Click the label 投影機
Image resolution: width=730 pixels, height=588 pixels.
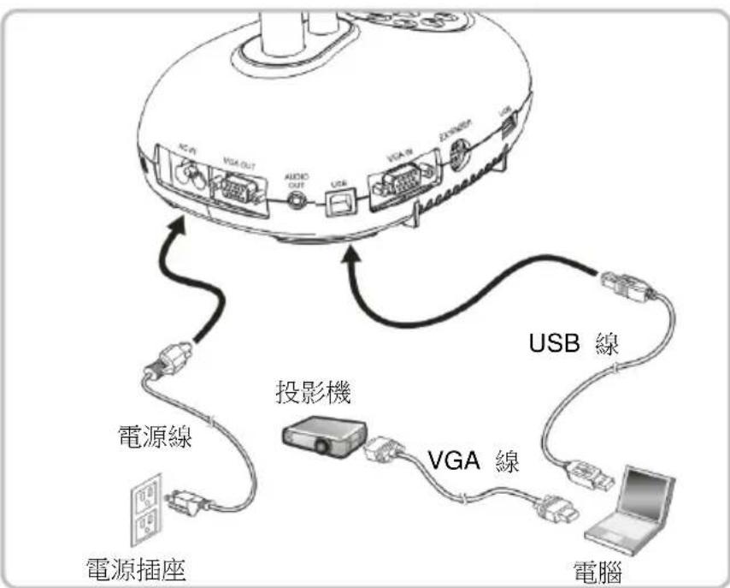pos(312,392)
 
